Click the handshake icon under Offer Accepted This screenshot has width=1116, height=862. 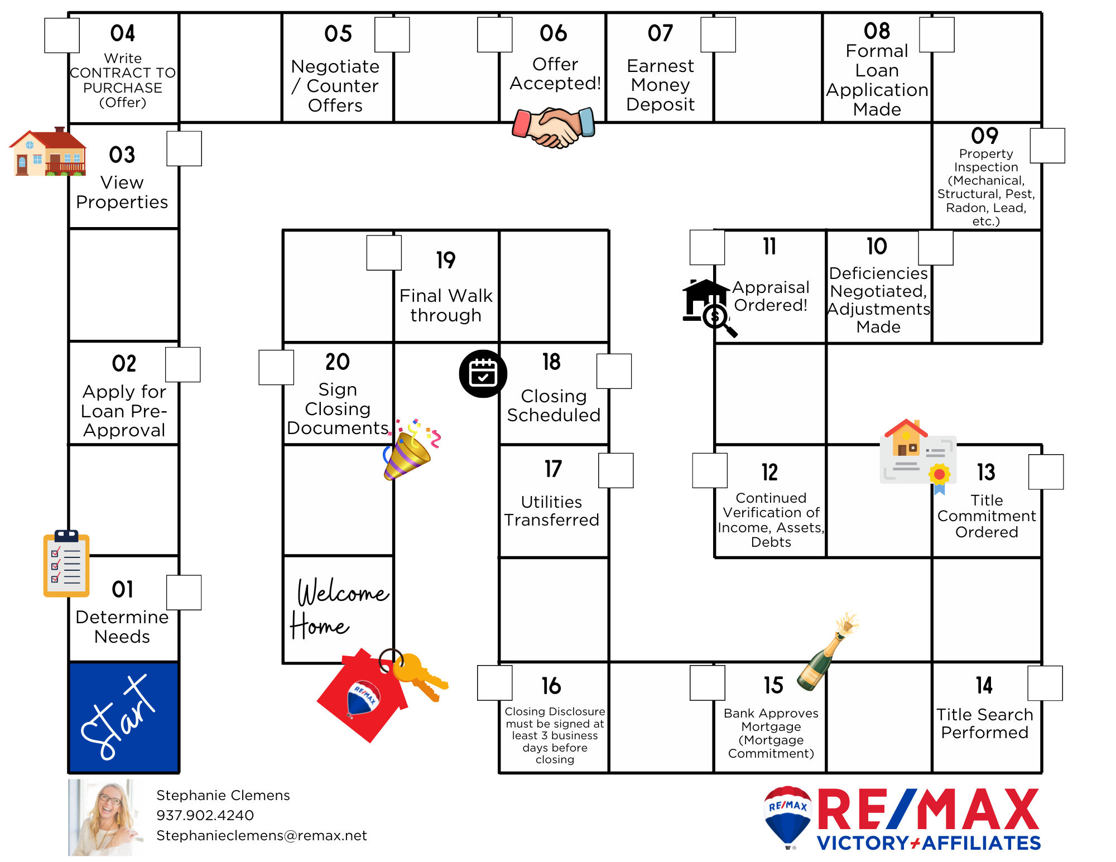pyautogui.click(x=554, y=128)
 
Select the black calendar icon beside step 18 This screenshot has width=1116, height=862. pyautogui.click(x=483, y=373)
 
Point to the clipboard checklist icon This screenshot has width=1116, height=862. pyautogui.click(x=66, y=564)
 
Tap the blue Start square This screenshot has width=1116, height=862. pyautogui.click(x=123, y=717)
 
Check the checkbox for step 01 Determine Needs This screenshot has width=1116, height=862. pyautogui.click(x=184, y=593)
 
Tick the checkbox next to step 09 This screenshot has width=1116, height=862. pyautogui.click(x=1047, y=146)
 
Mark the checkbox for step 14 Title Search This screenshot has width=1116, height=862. pyautogui.click(x=1045, y=683)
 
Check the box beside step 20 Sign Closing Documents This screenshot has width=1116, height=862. pyautogui.click(x=276, y=367)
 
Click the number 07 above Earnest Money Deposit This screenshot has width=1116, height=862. pyautogui.click(x=660, y=33)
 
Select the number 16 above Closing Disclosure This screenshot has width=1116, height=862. pyautogui.click(x=551, y=686)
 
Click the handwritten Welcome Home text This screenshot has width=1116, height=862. pyautogui.click(x=338, y=608)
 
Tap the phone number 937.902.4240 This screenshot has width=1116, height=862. pyautogui.click(x=205, y=815)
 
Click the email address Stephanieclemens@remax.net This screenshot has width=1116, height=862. pyautogui.click(x=261, y=835)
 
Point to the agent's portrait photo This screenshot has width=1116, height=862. pyautogui.click(x=105, y=817)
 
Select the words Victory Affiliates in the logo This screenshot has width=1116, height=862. pyautogui.click(x=929, y=842)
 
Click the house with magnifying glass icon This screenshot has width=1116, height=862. pyautogui.click(x=708, y=308)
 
